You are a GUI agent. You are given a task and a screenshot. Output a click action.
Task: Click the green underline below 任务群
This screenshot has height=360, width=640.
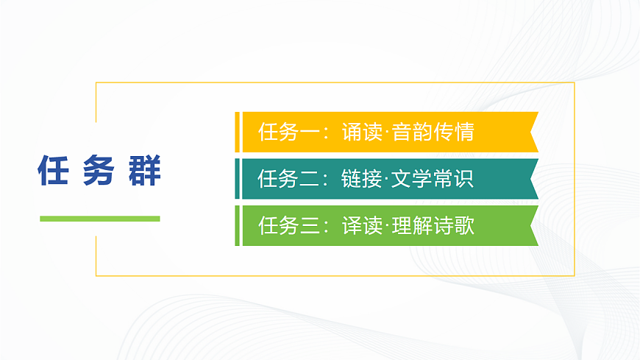coord(99,219)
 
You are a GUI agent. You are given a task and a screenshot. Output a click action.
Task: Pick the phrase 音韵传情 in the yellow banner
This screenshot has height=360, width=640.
coord(433,133)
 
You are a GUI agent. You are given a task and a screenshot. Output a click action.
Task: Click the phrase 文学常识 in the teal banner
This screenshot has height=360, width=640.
coord(433,179)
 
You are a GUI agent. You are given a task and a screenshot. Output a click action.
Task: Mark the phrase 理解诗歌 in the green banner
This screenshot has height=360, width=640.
coord(433,225)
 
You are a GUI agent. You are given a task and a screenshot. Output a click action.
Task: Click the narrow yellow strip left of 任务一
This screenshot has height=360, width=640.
coord(237,133)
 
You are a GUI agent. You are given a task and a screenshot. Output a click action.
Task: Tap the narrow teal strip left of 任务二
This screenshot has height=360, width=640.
coord(237,179)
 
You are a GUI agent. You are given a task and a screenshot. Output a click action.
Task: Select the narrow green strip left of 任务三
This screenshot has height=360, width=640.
coord(237,225)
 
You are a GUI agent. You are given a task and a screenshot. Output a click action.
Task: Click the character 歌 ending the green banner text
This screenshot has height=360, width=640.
coord(464,225)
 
